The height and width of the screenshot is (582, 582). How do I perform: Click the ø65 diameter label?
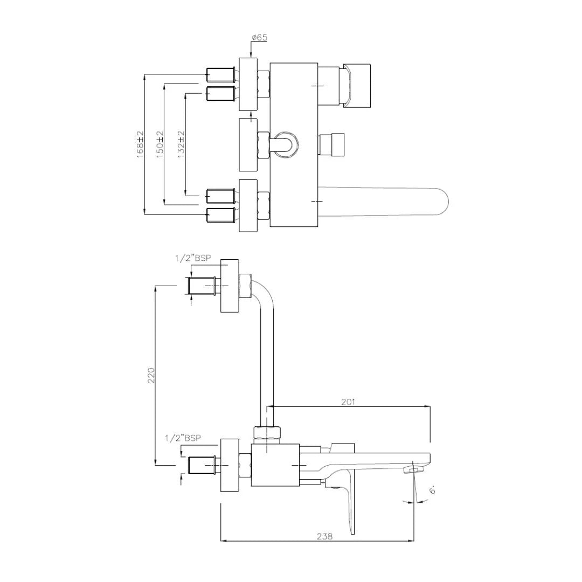click(x=259, y=38)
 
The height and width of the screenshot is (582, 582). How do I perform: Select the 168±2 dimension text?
click(x=141, y=143)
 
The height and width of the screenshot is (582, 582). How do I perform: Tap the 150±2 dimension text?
click(x=160, y=143)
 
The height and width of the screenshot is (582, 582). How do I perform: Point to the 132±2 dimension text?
click(x=181, y=143)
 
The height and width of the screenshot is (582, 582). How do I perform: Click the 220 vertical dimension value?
click(x=151, y=375)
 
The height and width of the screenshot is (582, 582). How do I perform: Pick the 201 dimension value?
click(x=348, y=402)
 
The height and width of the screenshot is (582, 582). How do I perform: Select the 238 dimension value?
click(x=324, y=536)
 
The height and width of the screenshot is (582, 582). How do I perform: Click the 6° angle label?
click(x=432, y=490)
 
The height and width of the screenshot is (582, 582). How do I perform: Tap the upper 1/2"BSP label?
click(x=192, y=258)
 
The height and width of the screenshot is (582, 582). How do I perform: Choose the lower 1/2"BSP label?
click(x=183, y=438)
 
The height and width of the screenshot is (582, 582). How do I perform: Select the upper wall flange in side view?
click(x=229, y=286)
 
